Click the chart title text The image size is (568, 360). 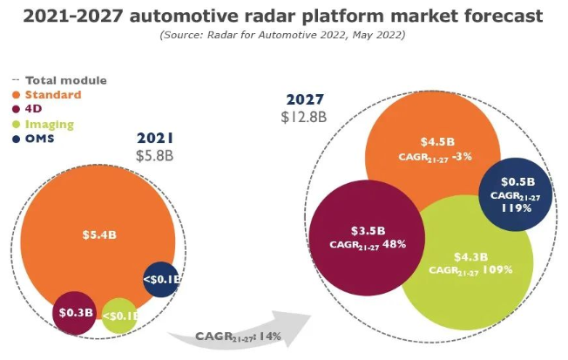(x=283, y=17)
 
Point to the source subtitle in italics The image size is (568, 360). (x=282, y=35)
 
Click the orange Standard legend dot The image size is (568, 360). (x=16, y=95)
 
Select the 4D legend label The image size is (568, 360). (x=33, y=109)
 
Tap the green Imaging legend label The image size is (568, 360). (x=50, y=125)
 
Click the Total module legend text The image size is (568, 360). (x=66, y=80)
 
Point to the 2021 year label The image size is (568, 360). (x=155, y=138)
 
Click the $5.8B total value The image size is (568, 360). (x=155, y=156)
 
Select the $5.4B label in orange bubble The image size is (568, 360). (x=99, y=234)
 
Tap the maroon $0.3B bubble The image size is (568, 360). (x=75, y=313)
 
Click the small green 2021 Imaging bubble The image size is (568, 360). (x=119, y=316)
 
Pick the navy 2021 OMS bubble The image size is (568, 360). (x=161, y=280)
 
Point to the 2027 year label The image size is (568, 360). (x=305, y=99)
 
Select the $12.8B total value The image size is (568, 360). (x=304, y=117)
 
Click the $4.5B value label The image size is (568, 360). (x=437, y=142)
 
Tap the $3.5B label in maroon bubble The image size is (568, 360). (x=368, y=231)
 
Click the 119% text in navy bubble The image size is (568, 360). (x=517, y=208)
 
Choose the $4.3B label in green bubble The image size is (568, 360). (x=471, y=257)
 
